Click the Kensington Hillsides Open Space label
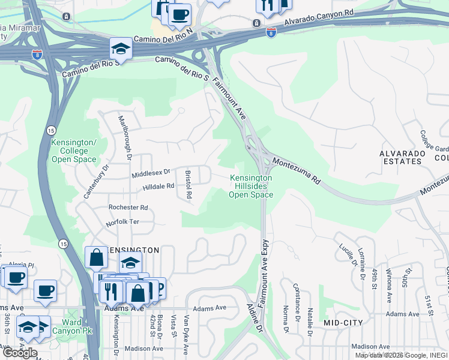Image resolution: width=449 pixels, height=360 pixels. click(251, 186)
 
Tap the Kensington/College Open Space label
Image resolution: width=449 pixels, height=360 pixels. click(74, 151)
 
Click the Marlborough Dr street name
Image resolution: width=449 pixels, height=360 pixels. click(125, 137)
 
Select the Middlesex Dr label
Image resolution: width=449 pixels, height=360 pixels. click(151, 173)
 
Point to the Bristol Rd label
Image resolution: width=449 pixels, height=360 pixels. click(188, 184)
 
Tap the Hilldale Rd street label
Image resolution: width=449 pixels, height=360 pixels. click(158, 187)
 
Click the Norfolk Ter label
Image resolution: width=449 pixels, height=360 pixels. click(122, 222)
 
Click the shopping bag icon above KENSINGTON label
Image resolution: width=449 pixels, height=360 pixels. click(96, 258)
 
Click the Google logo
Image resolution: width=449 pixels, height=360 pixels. click(20, 353)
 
